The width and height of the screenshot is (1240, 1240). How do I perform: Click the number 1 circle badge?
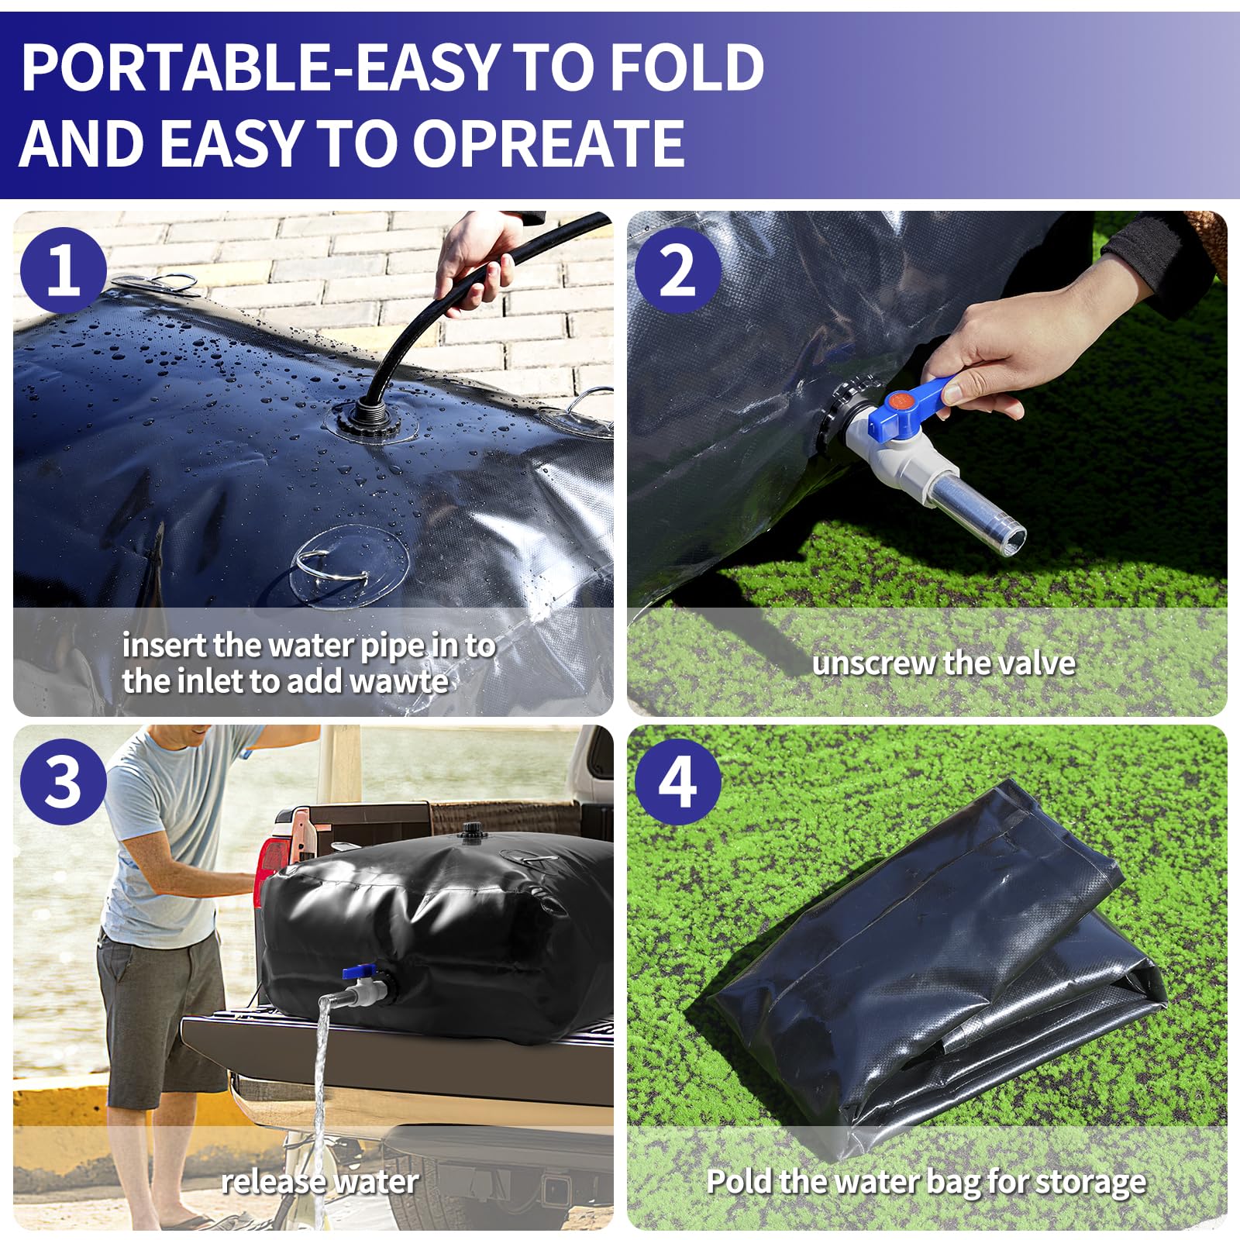click(63, 270)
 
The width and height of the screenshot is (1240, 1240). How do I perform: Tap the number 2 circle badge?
click(677, 270)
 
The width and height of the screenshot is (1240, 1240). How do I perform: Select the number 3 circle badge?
click(63, 781)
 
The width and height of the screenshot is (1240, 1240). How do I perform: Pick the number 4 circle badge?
click(677, 781)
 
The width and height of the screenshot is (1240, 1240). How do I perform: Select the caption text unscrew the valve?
click(943, 663)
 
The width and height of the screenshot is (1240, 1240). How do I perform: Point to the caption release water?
click(319, 1182)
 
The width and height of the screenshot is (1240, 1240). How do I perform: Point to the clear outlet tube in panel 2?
click(980, 508)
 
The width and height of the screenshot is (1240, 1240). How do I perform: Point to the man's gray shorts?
click(159, 1007)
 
